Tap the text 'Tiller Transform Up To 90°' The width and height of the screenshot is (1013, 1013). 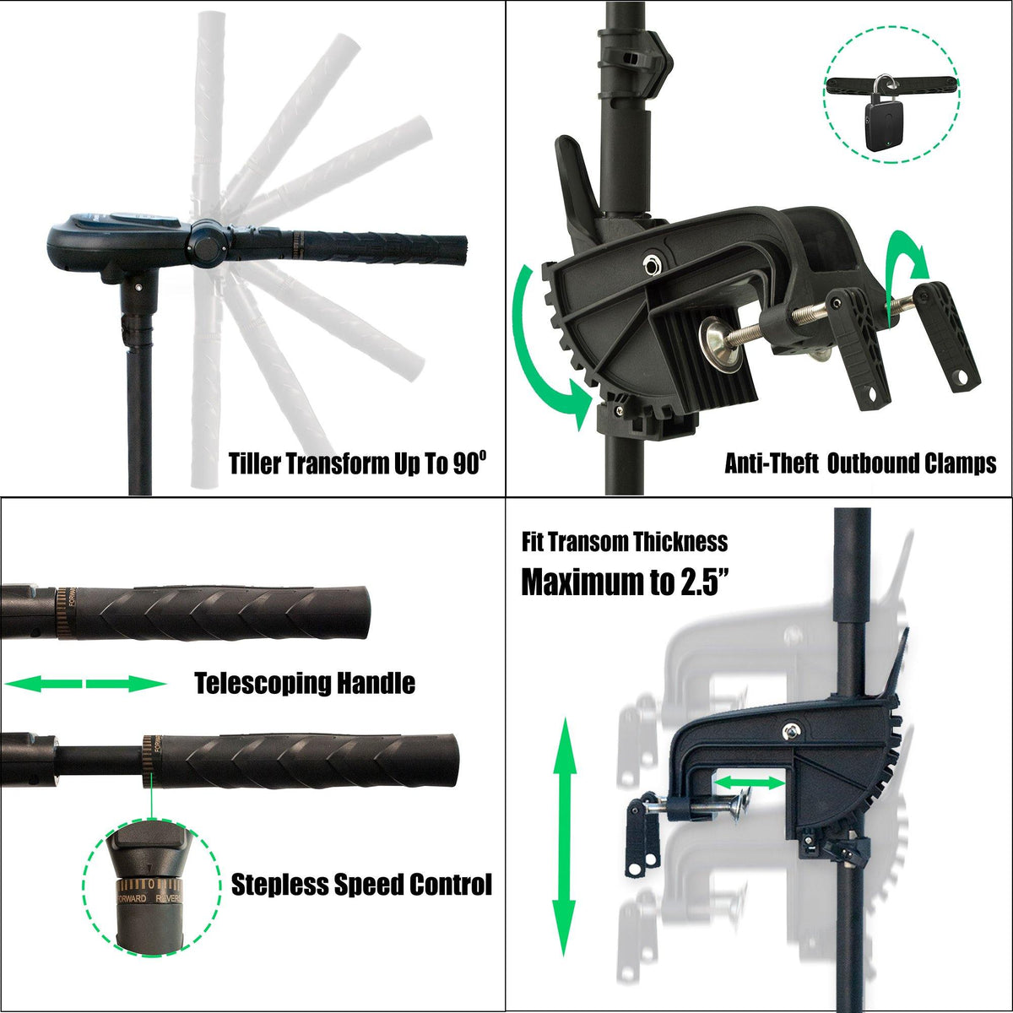pos(357,463)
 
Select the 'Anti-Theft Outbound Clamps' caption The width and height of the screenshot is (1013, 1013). pos(860,463)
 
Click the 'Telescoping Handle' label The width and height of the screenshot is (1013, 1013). pos(305,683)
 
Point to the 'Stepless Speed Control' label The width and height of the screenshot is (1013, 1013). pos(361,885)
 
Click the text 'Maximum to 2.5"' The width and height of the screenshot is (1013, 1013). pos(626,582)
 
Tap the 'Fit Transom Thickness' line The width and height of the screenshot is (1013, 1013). pos(624,541)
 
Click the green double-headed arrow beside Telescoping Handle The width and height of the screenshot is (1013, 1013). pos(85,683)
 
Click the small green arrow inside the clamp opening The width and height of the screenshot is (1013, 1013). pos(750,783)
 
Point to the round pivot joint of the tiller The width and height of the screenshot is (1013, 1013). pos(206,242)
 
